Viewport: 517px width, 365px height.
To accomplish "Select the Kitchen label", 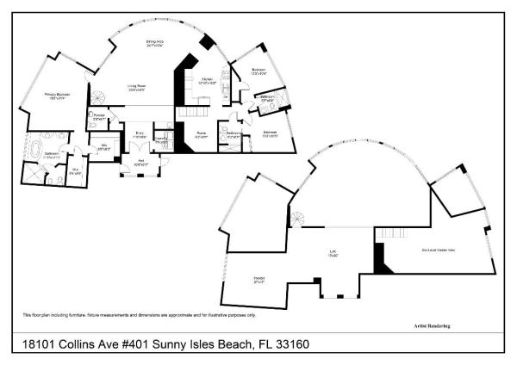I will click(207, 81).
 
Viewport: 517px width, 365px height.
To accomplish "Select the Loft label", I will click(332, 253).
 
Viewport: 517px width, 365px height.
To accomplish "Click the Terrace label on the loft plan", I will click(258, 278).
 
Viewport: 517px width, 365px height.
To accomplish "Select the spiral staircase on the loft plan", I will click(298, 219).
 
